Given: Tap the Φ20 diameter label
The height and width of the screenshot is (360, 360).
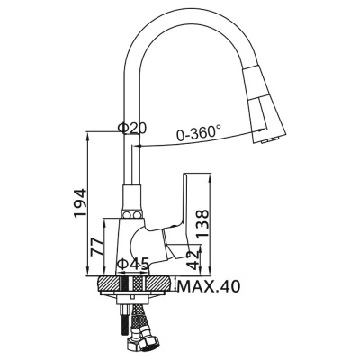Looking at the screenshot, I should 133,130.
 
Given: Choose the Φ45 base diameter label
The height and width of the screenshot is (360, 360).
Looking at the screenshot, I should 133,264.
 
